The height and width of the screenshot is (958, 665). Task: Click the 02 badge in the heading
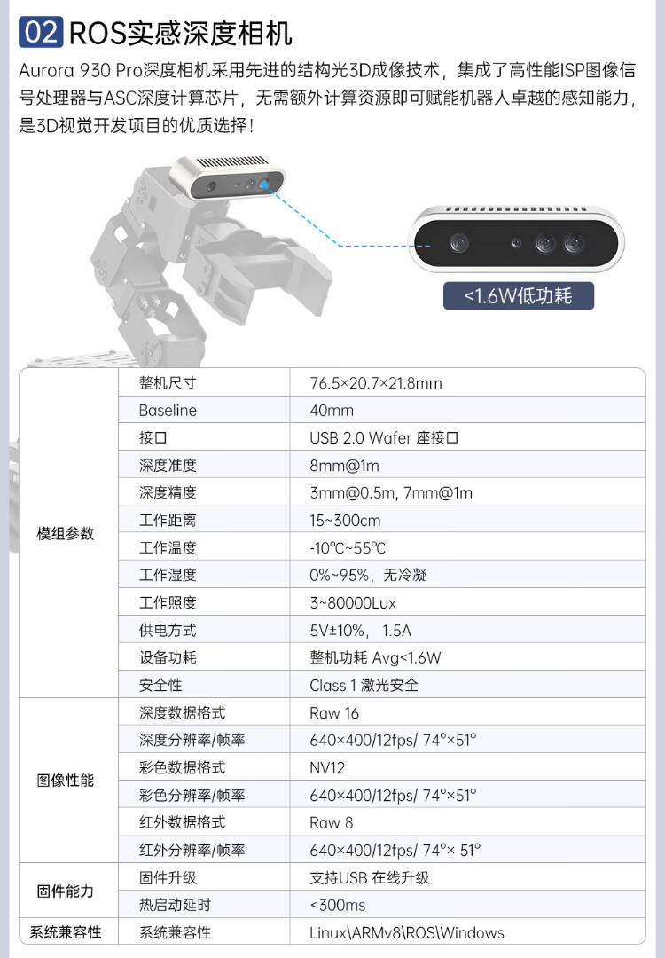(41, 33)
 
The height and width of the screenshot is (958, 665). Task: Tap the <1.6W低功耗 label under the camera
(519, 295)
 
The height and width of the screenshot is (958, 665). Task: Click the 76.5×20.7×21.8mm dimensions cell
(376, 383)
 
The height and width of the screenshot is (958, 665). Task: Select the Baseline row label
(168, 411)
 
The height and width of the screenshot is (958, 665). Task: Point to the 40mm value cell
(332, 411)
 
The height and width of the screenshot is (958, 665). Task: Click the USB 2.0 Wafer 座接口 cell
(384, 438)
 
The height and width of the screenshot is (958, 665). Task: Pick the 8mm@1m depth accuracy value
(344, 466)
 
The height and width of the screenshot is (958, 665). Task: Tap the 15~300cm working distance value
(345, 521)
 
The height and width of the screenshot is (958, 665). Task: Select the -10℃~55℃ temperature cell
(348, 548)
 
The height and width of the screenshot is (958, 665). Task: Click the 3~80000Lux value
(353, 603)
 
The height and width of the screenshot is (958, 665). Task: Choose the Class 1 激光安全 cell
(364, 685)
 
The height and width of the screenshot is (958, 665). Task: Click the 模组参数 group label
(65, 534)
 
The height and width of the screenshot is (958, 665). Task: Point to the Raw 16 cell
(334, 712)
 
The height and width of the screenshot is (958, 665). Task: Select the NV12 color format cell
(327, 767)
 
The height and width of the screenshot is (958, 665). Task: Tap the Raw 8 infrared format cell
(331, 822)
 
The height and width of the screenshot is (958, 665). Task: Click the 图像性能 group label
(65, 781)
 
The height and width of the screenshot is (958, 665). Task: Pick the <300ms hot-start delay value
(338, 905)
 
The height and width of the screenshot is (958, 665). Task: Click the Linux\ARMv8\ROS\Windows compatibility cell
(406, 932)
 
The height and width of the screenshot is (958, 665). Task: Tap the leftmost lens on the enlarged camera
(458, 242)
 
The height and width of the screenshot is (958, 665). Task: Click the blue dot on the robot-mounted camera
(264, 185)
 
